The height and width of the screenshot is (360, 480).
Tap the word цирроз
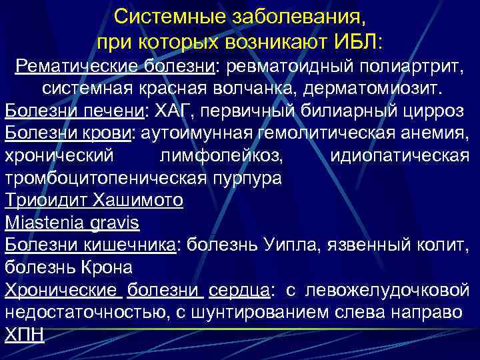[x=435, y=111]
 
